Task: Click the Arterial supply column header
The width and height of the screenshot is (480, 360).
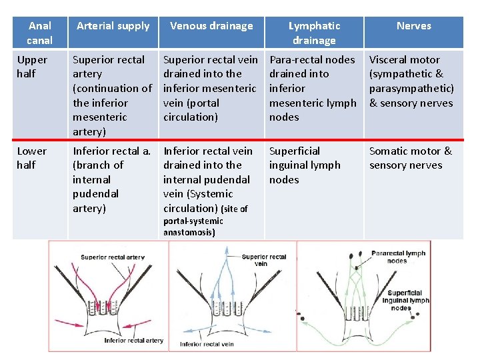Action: click(113, 26)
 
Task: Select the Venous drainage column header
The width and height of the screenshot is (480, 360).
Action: click(211, 26)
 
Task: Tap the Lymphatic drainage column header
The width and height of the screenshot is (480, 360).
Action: click(314, 33)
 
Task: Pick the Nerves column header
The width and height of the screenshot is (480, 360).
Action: click(413, 26)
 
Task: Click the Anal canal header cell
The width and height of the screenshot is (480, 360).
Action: click(40, 33)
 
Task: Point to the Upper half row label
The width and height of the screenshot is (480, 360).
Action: click(32, 67)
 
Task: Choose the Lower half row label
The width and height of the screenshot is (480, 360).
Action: click(32, 158)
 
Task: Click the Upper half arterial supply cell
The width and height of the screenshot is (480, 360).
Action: click(112, 95)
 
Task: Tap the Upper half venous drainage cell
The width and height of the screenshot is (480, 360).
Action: click(210, 88)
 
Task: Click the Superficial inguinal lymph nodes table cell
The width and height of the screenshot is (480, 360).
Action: click(305, 165)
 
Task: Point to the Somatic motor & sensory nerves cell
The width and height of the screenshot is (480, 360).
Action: click(411, 158)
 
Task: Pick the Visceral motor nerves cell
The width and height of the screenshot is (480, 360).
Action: click(411, 81)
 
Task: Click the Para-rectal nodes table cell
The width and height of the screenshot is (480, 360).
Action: click(313, 88)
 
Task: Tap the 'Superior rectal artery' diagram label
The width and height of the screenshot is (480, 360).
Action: click(113, 257)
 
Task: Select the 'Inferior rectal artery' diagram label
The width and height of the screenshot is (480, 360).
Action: click(133, 341)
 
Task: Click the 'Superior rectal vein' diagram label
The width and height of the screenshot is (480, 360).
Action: click(264, 260)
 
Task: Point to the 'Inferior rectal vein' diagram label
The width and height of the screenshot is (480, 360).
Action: click(207, 344)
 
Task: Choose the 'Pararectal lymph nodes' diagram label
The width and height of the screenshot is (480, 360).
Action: click(397, 257)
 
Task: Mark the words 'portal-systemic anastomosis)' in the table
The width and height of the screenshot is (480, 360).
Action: click(193, 227)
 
